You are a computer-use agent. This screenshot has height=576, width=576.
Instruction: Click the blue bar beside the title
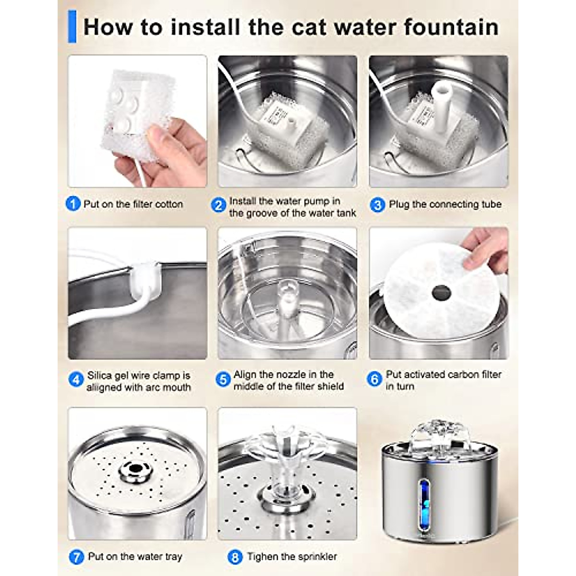[72, 26]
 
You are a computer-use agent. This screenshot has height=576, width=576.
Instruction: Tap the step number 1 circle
[73, 204]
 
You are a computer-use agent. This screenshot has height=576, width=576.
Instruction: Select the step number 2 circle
[218, 205]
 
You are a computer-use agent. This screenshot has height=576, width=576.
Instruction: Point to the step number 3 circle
[377, 205]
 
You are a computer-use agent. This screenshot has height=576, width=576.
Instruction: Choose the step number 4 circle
[76, 380]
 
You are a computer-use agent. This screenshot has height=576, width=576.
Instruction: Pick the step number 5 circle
[223, 380]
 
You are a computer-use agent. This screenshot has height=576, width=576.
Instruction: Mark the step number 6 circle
[374, 380]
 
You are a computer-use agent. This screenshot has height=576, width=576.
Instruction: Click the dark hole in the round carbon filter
[439, 292]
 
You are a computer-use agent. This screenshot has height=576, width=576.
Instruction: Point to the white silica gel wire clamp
[146, 280]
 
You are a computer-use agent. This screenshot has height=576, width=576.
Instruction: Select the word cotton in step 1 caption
[169, 204]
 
